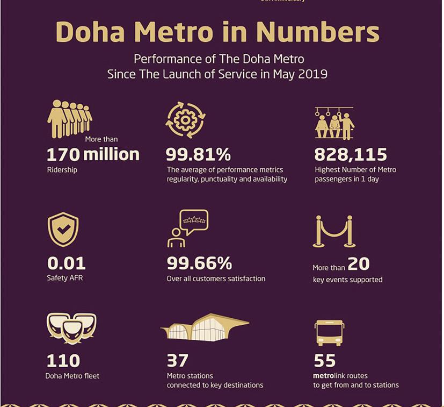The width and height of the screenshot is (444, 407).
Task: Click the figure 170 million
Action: [93, 155]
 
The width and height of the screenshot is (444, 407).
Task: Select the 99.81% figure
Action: [198, 155]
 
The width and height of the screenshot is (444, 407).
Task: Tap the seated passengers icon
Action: [334, 124]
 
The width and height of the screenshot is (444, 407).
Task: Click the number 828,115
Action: [350, 155]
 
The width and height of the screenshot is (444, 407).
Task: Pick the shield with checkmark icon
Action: [63, 230]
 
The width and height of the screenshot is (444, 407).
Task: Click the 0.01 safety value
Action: [66, 263]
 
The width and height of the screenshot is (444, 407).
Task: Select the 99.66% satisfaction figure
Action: [199, 263]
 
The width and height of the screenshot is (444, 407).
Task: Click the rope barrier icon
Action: [333, 231]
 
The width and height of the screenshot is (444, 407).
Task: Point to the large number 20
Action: [359, 263]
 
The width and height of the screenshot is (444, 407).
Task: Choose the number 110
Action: [63, 360]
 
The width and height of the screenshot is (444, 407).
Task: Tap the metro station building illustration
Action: [205, 326]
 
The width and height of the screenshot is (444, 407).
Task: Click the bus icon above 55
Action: [329, 333]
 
